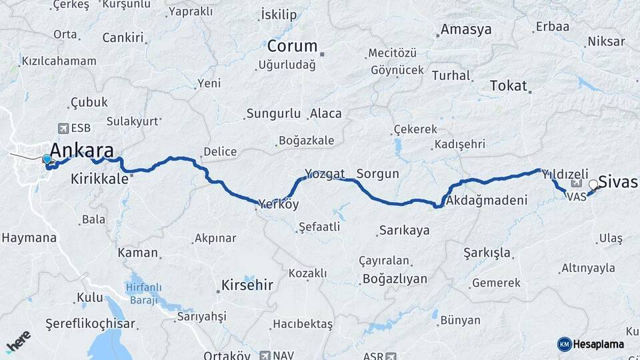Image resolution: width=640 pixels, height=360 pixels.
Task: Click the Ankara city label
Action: tap(81, 150)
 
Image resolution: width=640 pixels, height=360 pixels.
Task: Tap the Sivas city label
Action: tap(618, 181)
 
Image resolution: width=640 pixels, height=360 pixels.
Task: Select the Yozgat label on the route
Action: tap(325, 174)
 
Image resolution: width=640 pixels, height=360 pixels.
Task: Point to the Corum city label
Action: tap(292, 47)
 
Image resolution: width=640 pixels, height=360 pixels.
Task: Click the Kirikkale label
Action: tap(99, 179)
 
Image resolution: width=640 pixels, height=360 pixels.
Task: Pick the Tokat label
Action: tap(508, 86)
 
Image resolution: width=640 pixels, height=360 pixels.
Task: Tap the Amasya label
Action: tap(466, 30)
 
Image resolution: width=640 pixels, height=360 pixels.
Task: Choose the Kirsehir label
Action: tap(245, 286)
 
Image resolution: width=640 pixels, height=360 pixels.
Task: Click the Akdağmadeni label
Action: tap(487, 200)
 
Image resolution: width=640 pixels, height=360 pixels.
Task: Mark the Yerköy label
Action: tap(279, 204)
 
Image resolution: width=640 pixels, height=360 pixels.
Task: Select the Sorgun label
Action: tap(377, 174)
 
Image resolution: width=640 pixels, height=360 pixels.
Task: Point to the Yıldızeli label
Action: tap(564, 173)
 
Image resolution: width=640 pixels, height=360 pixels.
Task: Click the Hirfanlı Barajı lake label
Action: tap(142, 294)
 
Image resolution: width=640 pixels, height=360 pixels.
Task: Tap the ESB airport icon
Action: tap(63, 128)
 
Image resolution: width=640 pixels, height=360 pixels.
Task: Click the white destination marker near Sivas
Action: tap(593, 185)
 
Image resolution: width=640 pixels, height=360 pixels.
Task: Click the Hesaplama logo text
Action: tap(598, 344)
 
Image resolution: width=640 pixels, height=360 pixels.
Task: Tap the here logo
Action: tap(17, 341)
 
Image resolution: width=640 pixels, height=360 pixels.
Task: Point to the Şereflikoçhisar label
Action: tap(90, 324)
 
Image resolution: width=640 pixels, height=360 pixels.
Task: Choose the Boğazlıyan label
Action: tap(393, 279)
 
